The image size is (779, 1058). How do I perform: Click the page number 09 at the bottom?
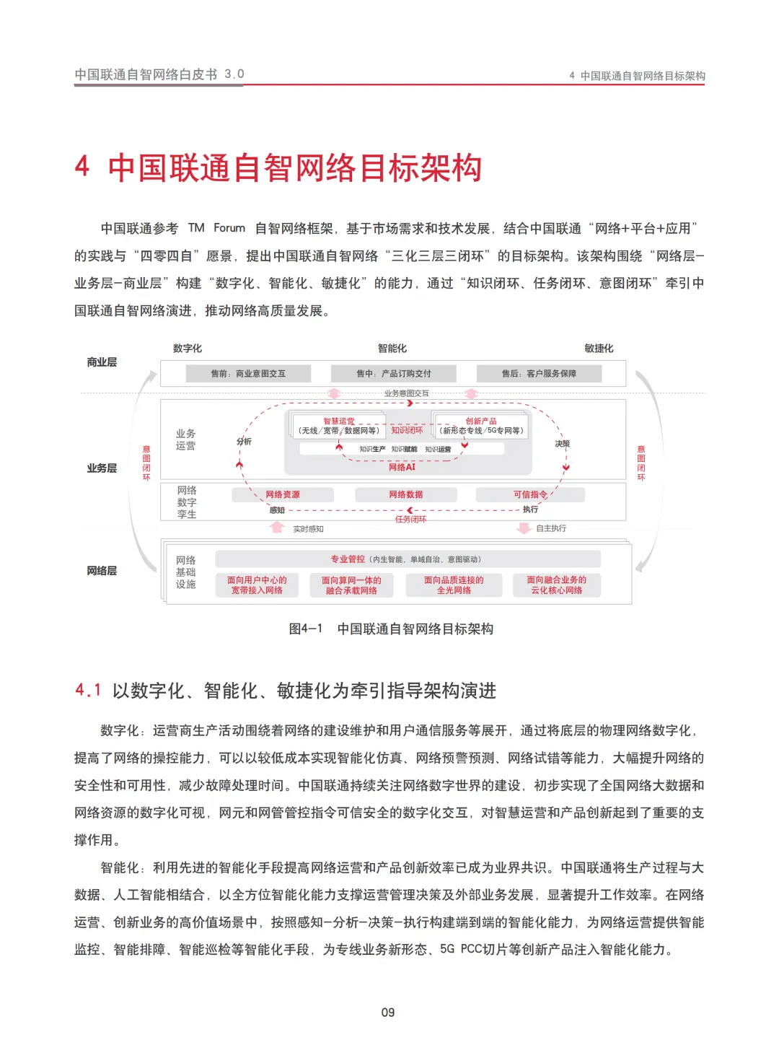click(388, 1013)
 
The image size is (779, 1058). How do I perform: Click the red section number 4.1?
click(88, 691)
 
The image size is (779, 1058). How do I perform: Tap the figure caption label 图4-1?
click(305, 629)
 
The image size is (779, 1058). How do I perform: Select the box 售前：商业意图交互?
click(248, 373)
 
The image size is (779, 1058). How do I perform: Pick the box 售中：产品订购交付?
click(394, 373)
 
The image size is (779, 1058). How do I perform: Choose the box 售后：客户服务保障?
click(539, 373)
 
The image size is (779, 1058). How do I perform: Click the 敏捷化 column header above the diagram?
click(599, 349)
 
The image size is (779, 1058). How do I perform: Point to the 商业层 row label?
click(102, 362)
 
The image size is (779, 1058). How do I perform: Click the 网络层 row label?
click(102, 571)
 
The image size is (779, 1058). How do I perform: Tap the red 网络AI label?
click(402, 467)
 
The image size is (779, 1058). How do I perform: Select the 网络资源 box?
click(283, 494)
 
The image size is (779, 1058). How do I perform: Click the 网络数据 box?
click(406, 494)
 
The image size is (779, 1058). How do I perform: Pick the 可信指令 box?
click(530, 494)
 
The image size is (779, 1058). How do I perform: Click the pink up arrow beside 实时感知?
click(277, 528)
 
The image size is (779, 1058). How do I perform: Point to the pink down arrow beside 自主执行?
click(524, 528)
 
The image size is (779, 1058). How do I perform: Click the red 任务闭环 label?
click(410, 520)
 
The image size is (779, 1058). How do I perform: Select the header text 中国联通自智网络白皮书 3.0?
click(159, 74)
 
